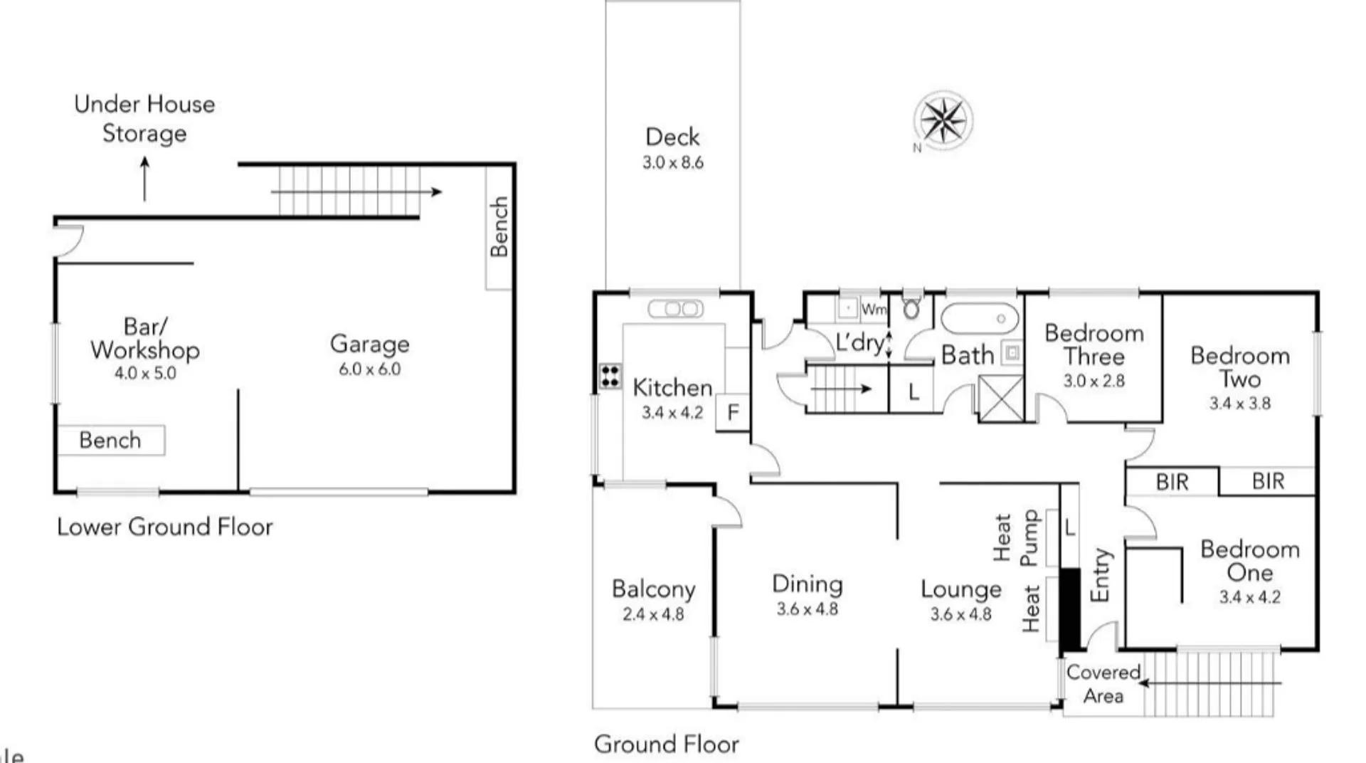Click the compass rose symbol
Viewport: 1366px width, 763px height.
click(x=943, y=120)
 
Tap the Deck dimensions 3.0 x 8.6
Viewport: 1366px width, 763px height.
click(x=672, y=162)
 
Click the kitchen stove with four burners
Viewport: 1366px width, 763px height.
click(x=610, y=376)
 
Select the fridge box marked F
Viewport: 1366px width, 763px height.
click(x=733, y=412)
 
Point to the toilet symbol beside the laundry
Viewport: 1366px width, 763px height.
click(x=911, y=307)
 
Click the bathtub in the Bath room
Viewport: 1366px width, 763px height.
click(x=980, y=319)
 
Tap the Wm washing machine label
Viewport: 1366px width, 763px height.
click(x=873, y=309)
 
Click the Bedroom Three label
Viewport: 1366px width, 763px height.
click(x=1094, y=344)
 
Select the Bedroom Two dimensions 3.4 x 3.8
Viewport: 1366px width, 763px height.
click(x=1239, y=404)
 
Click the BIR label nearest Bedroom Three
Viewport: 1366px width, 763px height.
click(x=1172, y=482)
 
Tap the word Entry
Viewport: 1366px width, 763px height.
click(x=1100, y=575)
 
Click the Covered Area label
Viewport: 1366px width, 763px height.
click(x=1103, y=684)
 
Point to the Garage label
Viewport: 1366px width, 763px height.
click(x=369, y=344)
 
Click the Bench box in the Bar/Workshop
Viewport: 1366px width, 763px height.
click(x=111, y=440)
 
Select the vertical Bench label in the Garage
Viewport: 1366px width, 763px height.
click(x=499, y=227)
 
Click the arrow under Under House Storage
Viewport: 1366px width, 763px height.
click(x=145, y=179)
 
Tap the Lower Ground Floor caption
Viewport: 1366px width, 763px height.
click(x=164, y=527)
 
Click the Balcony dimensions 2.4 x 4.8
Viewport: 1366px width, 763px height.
click(x=652, y=614)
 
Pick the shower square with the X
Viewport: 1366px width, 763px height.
click(x=1000, y=398)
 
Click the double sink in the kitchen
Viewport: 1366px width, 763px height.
click(x=675, y=309)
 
